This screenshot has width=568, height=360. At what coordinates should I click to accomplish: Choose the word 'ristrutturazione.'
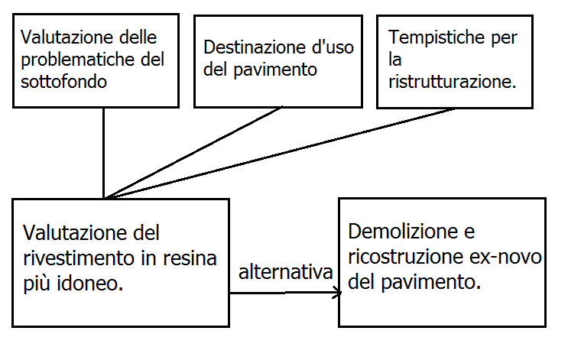[452, 80]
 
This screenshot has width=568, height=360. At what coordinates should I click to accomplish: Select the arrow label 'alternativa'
[284, 272]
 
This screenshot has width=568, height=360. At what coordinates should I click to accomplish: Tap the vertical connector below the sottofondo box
[103, 153]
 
